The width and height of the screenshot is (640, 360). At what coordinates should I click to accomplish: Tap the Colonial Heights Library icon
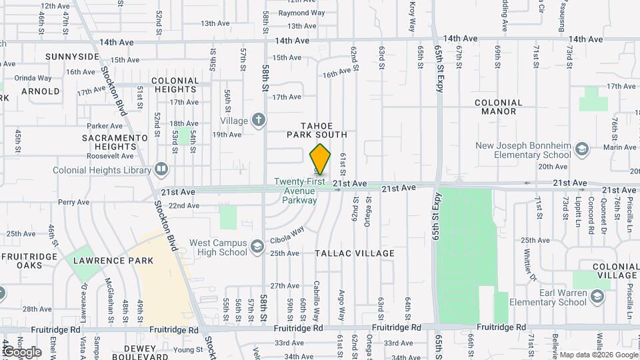click(x=161, y=170)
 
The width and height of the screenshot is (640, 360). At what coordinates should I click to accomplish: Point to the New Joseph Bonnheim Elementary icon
click(x=581, y=148)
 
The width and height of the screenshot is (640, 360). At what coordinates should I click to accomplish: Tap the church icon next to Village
click(x=258, y=121)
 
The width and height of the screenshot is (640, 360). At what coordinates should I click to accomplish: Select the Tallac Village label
click(x=354, y=253)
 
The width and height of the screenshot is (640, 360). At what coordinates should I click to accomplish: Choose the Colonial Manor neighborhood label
click(x=499, y=107)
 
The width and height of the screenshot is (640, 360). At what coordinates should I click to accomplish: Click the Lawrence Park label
click(x=113, y=261)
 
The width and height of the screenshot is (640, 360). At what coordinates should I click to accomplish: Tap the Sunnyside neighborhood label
click(x=72, y=57)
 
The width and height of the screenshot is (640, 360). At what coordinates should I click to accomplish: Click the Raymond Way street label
click(x=301, y=13)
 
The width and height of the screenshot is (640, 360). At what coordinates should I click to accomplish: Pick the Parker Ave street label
click(x=105, y=125)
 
